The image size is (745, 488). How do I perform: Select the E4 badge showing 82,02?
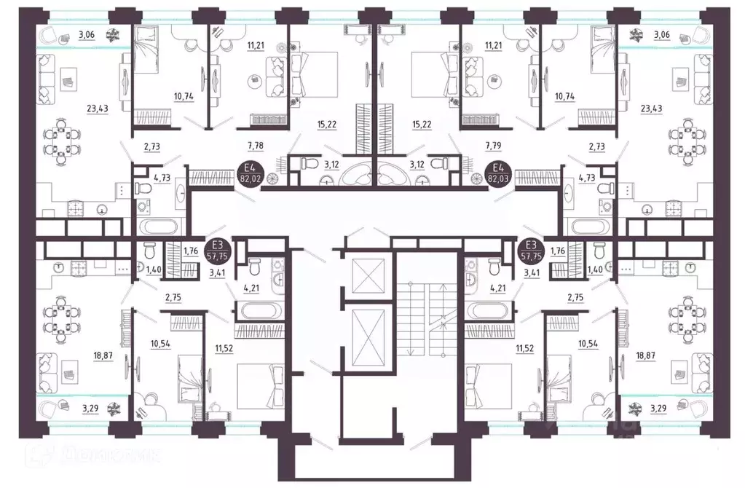250,173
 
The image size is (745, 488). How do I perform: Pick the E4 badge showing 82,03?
499,173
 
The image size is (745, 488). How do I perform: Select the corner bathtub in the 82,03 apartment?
396,174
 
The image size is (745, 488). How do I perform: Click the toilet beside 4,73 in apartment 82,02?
143,189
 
